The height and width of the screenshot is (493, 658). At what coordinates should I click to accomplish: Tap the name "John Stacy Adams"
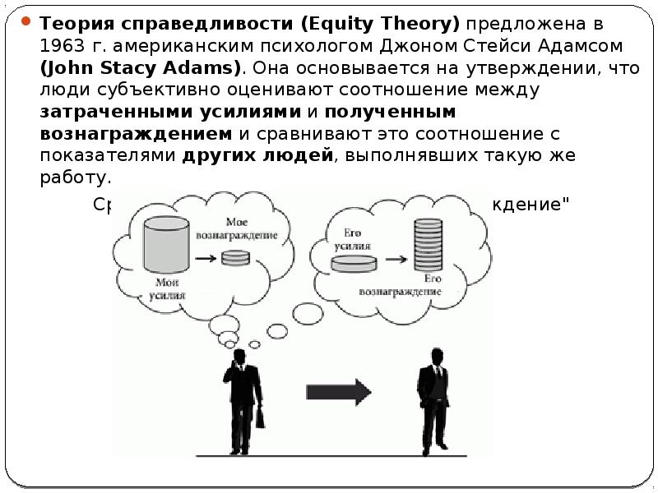140,66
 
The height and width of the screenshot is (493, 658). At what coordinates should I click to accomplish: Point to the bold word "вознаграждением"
136,133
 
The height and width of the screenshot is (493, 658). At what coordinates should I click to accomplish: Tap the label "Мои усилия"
171,288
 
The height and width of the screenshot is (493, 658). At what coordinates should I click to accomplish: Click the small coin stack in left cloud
235,256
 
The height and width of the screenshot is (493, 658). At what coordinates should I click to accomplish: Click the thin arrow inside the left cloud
206,258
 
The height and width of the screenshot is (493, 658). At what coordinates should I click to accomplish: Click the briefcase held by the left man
260,417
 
